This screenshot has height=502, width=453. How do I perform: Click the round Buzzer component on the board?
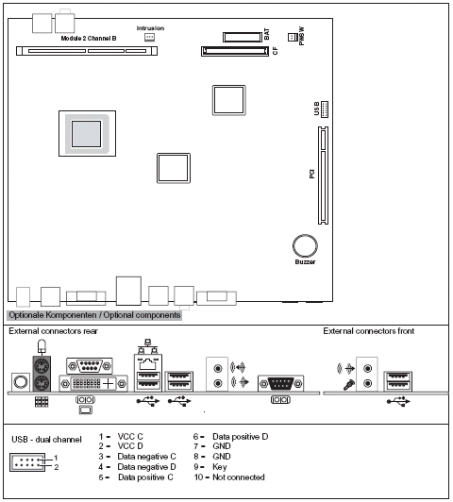click(x=304, y=245)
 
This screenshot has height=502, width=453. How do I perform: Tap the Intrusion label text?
click(x=150, y=28)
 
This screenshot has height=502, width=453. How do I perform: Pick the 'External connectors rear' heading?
click(x=53, y=331)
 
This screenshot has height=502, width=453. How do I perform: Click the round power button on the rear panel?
click(x=19, y=380)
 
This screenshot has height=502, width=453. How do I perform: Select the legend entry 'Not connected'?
click(x=237, y=477)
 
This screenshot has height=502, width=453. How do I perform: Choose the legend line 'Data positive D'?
click(x=240, y=438)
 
